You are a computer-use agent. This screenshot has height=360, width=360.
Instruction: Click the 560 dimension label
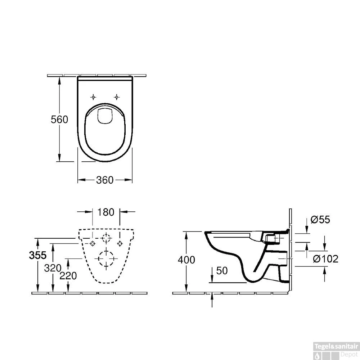59,120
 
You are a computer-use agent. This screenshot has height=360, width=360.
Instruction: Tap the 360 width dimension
105,180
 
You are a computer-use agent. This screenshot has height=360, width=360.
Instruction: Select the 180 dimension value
106,212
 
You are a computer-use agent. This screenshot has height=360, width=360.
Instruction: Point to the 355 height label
38,255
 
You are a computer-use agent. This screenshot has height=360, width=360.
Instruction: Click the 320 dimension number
53,268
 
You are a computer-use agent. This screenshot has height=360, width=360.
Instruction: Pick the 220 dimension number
68,276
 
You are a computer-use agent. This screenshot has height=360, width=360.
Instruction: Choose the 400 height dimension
186,260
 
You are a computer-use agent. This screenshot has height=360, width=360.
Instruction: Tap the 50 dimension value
222,271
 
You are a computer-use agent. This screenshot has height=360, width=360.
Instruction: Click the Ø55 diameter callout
320,220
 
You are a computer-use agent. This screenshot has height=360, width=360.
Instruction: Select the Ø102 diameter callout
325,259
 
